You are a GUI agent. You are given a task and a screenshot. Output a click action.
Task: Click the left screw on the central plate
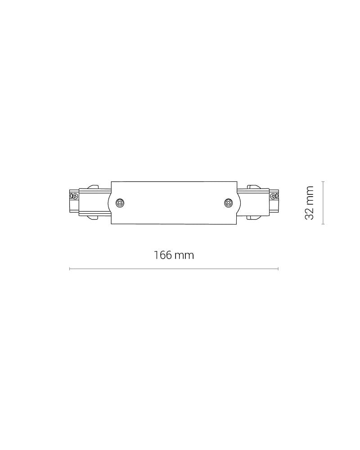[120, 203]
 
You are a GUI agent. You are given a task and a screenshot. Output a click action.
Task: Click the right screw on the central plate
[228, 203]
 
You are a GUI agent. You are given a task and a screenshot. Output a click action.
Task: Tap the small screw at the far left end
[74, 196]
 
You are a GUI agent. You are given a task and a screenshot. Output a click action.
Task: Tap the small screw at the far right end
[274, 196]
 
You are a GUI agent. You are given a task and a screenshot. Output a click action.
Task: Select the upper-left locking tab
[93, 187]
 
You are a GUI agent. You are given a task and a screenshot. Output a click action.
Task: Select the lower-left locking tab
[93, 217]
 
